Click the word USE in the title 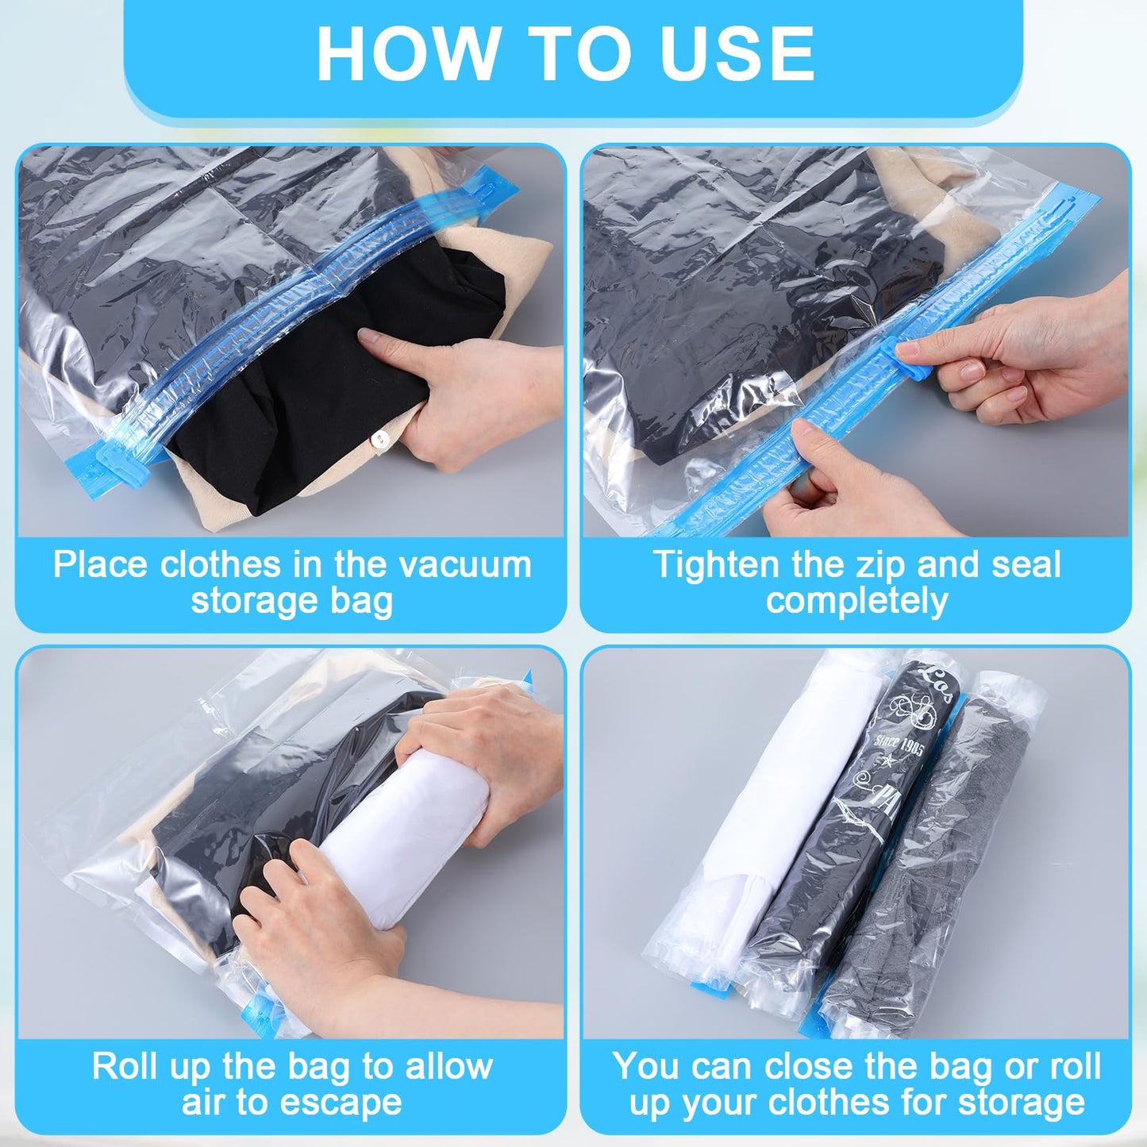[737, 54]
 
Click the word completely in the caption [856, 601]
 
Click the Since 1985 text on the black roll [899, 747]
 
